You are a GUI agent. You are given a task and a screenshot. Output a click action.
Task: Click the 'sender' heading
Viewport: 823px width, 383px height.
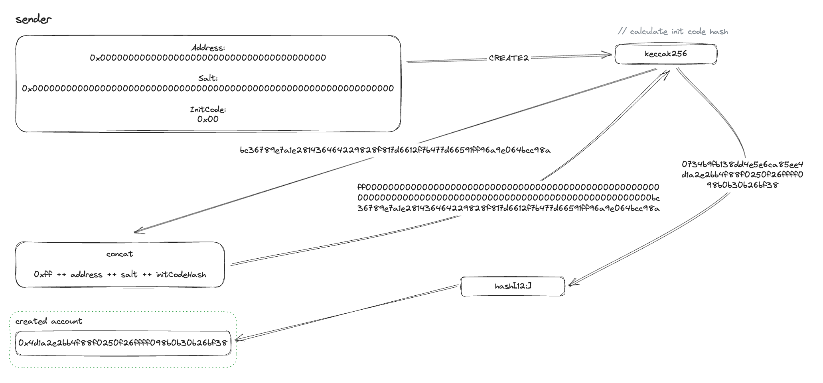34,20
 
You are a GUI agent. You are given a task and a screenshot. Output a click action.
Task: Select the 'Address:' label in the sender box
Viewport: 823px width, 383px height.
208,48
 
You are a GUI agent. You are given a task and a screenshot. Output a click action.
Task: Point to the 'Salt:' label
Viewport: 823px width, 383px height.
208,78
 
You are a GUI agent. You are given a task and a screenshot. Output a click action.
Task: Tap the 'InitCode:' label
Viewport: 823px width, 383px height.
208,109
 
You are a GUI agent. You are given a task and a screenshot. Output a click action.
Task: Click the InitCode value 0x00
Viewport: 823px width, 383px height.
208,119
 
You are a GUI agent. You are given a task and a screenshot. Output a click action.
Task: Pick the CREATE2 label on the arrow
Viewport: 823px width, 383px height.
509,58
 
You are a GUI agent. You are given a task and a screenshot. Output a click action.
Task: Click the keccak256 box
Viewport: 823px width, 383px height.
665,54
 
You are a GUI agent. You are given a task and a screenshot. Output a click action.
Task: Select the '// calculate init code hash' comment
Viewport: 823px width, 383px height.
673,31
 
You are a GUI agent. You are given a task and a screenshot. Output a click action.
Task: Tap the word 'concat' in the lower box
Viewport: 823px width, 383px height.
120,254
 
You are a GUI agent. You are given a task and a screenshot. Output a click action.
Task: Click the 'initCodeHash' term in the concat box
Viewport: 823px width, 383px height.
181,275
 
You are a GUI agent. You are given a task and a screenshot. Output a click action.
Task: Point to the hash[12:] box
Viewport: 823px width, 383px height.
513,286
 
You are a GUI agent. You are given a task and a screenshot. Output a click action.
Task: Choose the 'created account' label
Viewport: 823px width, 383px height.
49,321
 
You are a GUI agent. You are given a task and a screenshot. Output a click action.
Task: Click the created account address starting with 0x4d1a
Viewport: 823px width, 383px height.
123,343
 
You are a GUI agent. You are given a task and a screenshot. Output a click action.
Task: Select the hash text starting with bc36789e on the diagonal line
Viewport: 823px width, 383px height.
395,150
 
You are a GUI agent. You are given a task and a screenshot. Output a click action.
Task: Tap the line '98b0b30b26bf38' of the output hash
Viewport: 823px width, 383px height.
742,185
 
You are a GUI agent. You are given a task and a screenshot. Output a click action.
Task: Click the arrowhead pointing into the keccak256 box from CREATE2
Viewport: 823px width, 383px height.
609,55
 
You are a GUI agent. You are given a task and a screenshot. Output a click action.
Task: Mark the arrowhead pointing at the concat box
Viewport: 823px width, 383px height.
137,231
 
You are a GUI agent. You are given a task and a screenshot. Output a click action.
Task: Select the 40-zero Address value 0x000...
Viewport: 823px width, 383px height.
208,58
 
